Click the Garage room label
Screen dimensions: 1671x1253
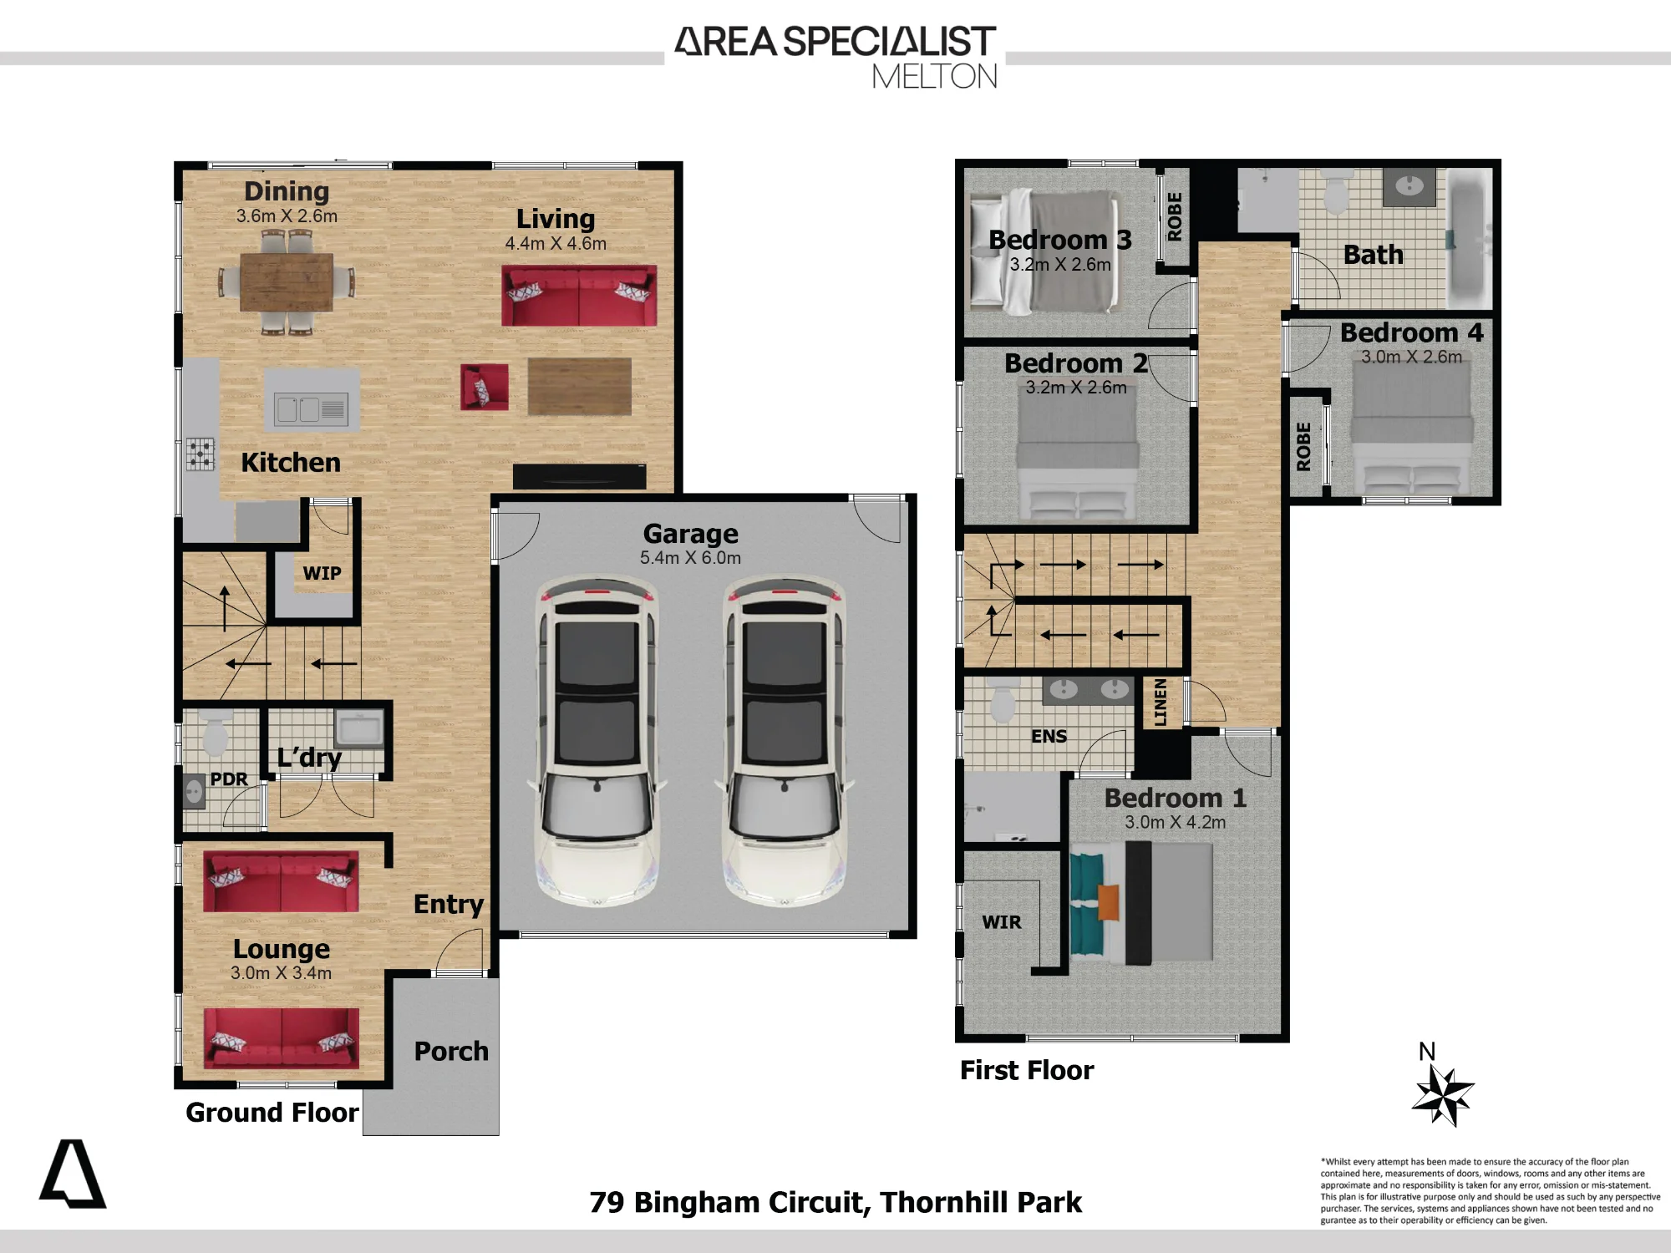pyautogui.click(x=690, y=533)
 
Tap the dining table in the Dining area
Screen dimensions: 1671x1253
pyautogui.click(x=287, y=282)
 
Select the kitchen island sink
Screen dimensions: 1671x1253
pyautogui.click(x=311, y=409)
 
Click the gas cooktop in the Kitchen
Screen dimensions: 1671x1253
pyautogui.click(x=201, y=455)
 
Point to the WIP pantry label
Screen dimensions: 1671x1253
pyautogui.click(x=322, y=573)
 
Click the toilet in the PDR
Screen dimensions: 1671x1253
pyautogui.click(x=216, y=731)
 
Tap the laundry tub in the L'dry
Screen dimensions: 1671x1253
pyautogui.click(x=358, y=728)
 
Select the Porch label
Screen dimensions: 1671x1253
pyautogui.click(x=451, y=1051)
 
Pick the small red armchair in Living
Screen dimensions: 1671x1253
pyautogui.click(x=485, y=387)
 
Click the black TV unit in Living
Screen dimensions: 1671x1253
pyautogui.click(x=579, y=476)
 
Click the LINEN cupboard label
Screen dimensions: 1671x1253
pyautogui.click(x=1160, y=702)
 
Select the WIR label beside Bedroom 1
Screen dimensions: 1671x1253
pyautogui.click(x=1002, y=922)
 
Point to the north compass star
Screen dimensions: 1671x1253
pyautogui.click(x=1443, y=1096)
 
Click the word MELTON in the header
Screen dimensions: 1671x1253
pyautogui.click(x=935, y=77)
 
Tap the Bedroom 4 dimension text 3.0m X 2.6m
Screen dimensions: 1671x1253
pyautogui.click(x=1412, y=357)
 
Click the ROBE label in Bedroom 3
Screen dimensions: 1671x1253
pyautogui.click(x=1175, y=216)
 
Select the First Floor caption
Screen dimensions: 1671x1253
pyautogui.click(x=1027, y=1070)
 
